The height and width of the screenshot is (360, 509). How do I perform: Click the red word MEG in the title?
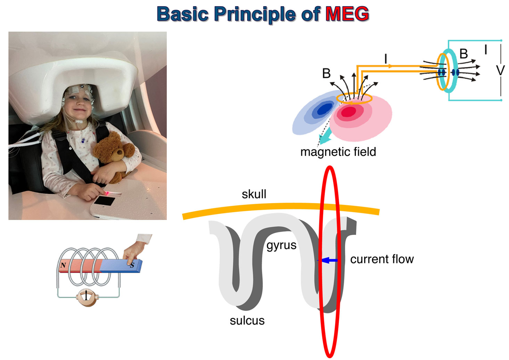point(347,14)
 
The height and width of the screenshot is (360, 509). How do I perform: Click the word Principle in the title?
point(255,14)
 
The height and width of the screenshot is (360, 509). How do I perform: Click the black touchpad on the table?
point(104,201)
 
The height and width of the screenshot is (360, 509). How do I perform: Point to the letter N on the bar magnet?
point(63,265)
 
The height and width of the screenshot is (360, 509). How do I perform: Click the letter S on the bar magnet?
point(132,265)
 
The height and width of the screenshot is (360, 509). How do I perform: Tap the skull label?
point(254,194)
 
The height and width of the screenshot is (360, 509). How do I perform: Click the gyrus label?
point(281,245)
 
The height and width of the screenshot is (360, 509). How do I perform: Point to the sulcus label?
point(247,320)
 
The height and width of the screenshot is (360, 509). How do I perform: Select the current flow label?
point(382,259)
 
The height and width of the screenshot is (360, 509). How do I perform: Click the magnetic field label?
point(338,152)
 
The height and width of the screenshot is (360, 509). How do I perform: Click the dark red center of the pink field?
point(348,112)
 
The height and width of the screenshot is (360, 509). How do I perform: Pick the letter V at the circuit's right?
point(500,71)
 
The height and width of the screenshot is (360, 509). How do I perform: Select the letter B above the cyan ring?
point(463,54)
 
